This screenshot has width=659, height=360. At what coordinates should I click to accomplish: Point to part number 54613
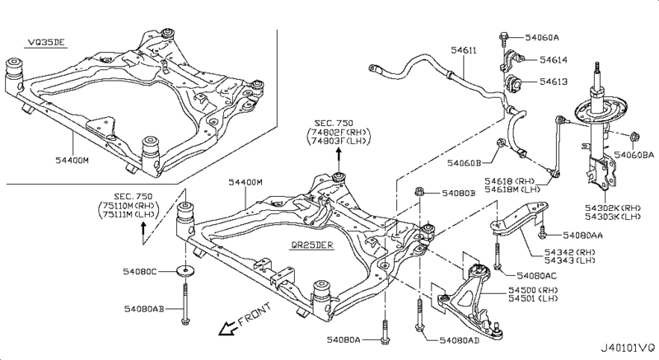(x=554, y=82)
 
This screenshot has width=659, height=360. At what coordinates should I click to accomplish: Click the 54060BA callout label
(x=636, y=154)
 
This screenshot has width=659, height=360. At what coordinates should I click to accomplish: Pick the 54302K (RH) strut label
(x=614, y=209)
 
